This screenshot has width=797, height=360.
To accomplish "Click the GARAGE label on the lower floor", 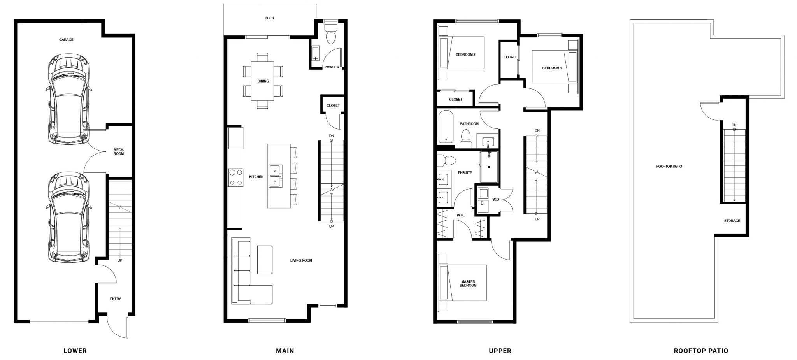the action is click(x=66, y=40).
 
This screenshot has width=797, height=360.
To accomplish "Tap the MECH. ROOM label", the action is click(x=119, y=151).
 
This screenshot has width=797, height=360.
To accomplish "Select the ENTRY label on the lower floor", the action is click(x=115, y=299).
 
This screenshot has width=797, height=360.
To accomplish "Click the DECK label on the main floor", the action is click(x=269, y=18).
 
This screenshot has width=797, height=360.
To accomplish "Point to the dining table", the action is click(x=263, y=81).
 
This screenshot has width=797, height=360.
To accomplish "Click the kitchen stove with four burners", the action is click(x=235, y=177).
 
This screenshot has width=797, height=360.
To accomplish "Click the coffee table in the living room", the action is click(x=265, y=260).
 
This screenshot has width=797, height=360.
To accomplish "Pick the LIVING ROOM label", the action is click(x=301, y=260).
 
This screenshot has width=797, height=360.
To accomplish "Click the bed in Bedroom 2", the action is click(x=462, y=53).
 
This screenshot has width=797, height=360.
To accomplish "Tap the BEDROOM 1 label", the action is click(x=552, y=68).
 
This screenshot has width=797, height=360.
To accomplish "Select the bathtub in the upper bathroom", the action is click(x=446, y=126).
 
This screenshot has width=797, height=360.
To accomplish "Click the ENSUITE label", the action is click(x=465, y=172).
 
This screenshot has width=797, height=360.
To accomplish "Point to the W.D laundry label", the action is click(x=495, y=200).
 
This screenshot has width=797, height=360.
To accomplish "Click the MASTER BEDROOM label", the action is click(x=468, y=283).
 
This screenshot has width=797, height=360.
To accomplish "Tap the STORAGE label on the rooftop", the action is click(x=732, y=221).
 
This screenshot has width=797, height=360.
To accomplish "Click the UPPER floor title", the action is click(x=500, y=351).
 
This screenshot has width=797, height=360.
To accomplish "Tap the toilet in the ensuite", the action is click(x=447, y=160).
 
